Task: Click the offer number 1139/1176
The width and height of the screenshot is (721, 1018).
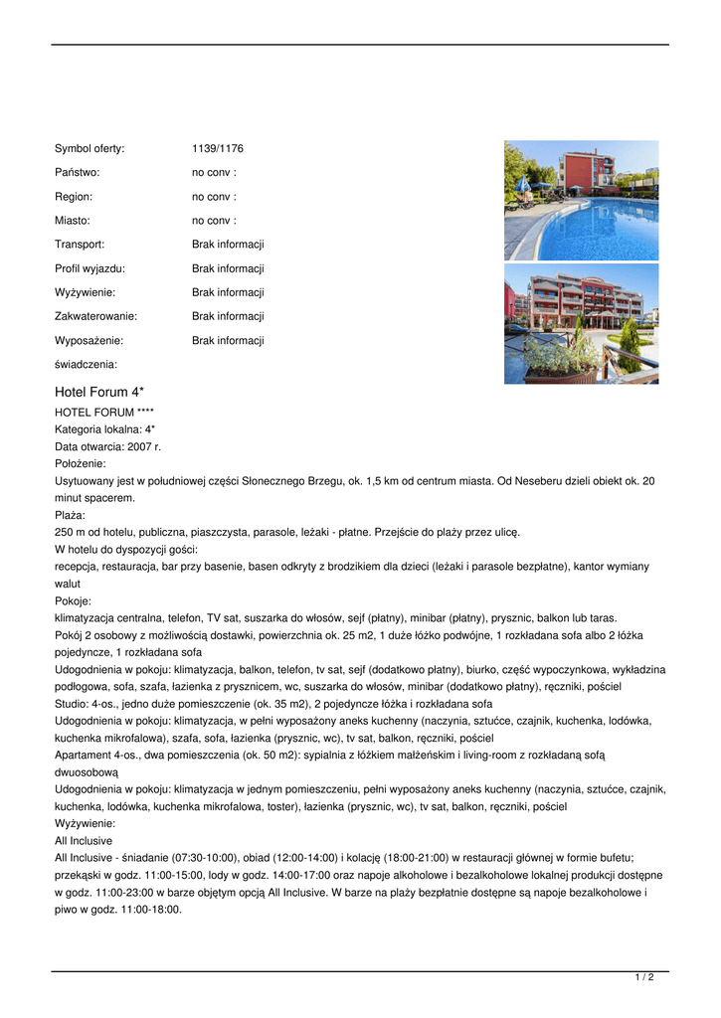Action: pos(218,149)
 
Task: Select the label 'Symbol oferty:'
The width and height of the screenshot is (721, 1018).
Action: pos(90,149)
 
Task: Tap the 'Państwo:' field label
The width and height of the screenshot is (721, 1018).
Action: pos(77,173)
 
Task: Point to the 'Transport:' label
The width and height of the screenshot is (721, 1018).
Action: pos(80,245)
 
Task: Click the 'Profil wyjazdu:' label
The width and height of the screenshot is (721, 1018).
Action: pos(90,268)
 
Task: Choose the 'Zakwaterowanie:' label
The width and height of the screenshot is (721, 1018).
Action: pos(95,316)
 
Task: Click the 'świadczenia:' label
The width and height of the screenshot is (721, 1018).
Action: pos(86,364)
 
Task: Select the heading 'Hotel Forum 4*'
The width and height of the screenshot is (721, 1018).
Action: pos(99,392)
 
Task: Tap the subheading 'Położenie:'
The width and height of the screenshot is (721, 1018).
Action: pos(81,463)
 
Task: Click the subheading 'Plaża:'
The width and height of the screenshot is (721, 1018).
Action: pos(70,515)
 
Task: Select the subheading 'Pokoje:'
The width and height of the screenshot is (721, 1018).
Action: pos(73,600)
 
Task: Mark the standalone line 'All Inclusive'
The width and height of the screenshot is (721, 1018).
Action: pos(84,840)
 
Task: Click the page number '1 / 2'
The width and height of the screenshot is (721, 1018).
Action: pos(644,978)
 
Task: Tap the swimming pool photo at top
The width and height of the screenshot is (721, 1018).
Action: pos(581,200)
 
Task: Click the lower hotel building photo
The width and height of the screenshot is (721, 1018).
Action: pos(581,323)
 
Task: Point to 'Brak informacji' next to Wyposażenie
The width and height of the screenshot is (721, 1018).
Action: pos(228,340)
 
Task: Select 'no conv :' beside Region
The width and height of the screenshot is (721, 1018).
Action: pos(214,197)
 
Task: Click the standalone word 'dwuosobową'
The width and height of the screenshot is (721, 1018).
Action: pos(87,771)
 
